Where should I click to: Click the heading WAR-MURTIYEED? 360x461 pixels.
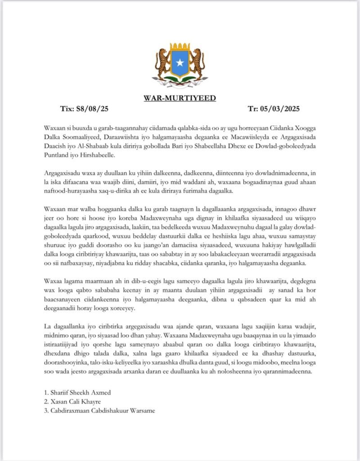click(x=180, y=98)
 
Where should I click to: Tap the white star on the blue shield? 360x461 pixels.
click(x=180, y=63)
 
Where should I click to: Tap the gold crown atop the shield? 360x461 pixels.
click(x=180, y=47)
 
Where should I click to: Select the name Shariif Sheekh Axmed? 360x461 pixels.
click(x=81, y=393)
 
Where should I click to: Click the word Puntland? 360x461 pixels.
click(x=58, y=155)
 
